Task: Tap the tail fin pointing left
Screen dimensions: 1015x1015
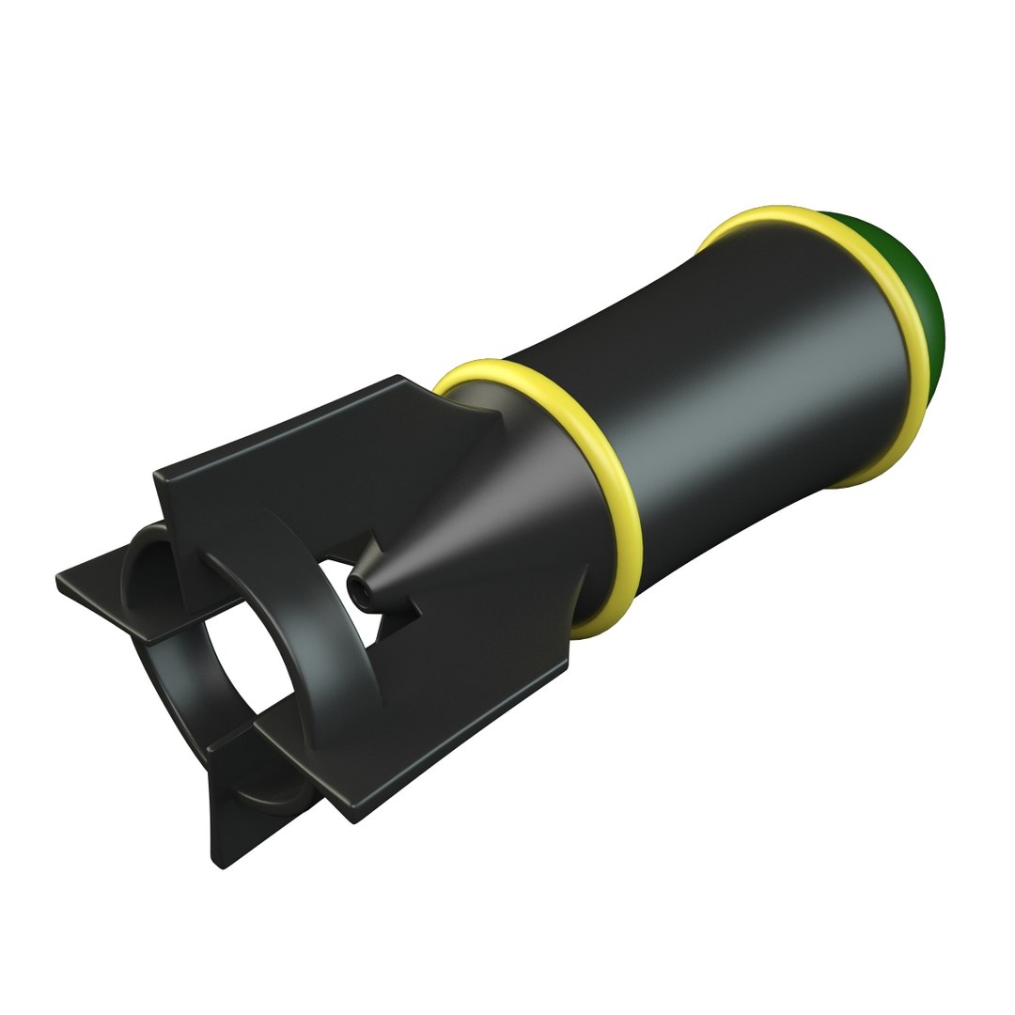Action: click(x=103, y=597)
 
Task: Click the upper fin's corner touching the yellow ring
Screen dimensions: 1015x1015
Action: click(x=442, y=395)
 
